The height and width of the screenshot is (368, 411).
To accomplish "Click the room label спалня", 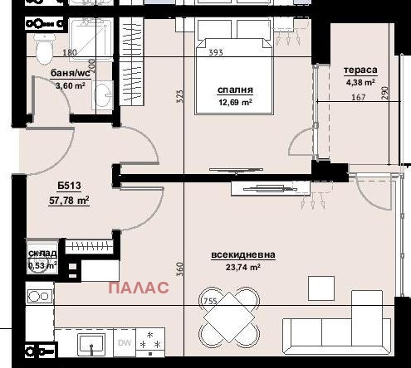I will tap(235, 90).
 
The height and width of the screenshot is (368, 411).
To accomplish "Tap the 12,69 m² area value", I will tap(235, 103).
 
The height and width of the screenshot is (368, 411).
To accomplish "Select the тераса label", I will tap(361, 70).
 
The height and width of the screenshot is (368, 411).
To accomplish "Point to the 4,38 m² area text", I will tap(360, 82).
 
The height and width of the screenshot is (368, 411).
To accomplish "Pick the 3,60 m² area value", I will tap(46, 86).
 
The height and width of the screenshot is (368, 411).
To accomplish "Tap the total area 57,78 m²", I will tap(69, 200).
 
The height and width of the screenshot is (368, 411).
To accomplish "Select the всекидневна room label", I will tap(243, 255).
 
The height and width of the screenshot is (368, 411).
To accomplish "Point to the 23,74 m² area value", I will tap(243, 268).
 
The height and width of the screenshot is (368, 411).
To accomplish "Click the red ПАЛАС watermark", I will tap(139, 288).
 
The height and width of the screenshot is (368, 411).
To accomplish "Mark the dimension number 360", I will tap(179, 269).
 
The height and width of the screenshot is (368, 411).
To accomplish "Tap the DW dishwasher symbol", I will tap(124, 341).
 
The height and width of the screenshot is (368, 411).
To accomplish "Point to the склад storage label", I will tap(42, 254).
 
